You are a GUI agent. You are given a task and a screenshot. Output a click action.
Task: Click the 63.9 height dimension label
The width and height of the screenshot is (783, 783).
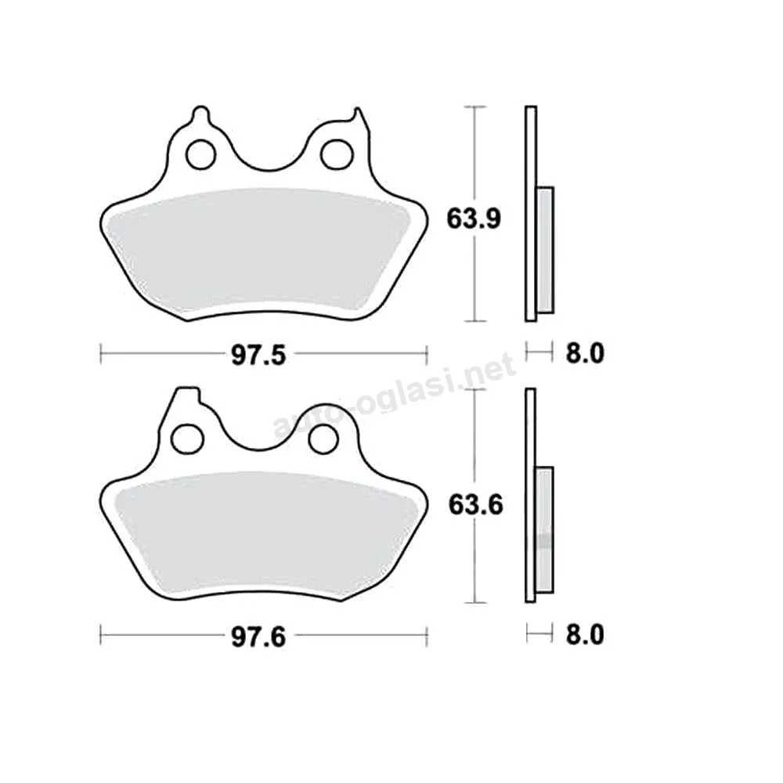[474, 218]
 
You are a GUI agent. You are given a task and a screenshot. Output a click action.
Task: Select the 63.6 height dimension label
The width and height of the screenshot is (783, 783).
[475, 505]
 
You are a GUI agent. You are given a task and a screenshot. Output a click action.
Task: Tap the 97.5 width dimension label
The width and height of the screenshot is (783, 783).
[258, 355]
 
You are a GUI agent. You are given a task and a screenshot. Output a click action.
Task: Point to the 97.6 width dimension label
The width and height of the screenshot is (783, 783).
[258, 637]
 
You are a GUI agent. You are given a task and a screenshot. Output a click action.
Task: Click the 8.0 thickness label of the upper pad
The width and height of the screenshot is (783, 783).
[585, 353]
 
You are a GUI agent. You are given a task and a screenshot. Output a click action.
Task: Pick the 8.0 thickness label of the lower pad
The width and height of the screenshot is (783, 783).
[585, 635]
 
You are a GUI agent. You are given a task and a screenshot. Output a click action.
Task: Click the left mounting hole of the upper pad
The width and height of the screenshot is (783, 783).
[200, 153]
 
